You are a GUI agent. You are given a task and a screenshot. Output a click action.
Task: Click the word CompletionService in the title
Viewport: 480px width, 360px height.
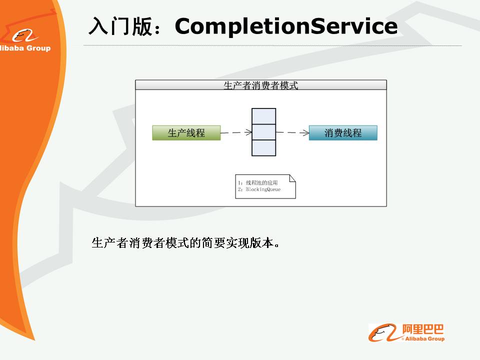[286, 26]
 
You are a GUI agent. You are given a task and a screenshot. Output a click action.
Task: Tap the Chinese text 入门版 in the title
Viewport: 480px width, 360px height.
[120, 26]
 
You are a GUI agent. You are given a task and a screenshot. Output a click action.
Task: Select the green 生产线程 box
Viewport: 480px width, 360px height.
[186, 133]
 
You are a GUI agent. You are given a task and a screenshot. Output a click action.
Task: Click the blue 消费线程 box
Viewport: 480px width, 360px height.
[343, 133]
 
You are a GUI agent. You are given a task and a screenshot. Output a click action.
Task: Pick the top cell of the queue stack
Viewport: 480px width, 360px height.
[264, 116]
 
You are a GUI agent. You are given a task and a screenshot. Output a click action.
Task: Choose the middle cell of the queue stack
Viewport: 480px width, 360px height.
[264, 132]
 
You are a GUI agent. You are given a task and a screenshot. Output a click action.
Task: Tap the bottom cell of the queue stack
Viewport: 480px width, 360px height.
[264, 148]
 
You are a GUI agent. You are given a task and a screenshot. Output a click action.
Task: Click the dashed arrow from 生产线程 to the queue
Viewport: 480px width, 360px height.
[236, 132]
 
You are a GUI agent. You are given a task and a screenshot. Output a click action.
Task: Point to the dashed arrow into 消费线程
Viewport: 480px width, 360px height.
[292, 132]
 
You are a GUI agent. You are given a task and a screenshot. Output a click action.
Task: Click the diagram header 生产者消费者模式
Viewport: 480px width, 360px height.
[261, 85]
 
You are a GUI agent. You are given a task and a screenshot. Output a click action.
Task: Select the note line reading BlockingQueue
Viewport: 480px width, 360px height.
[263, 189]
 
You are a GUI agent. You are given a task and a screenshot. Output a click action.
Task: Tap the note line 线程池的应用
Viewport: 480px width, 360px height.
[261, 183]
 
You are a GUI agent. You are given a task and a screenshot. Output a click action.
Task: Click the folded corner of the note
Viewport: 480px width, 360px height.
[292, 178]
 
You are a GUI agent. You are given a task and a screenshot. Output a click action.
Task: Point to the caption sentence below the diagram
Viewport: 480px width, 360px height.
[185, 243]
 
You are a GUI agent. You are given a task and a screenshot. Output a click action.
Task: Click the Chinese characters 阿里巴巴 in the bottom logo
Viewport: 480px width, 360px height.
[423, 329]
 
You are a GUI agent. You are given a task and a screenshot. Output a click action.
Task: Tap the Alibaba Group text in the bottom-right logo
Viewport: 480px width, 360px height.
[425, 338]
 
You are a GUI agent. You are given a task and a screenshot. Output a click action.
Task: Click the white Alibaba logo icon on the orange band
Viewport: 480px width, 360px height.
[24, 36]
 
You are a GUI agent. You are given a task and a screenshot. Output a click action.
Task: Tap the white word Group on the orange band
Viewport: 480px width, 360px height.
[38, 48]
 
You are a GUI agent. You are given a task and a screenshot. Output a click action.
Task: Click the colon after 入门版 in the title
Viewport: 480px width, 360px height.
[157, 27]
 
